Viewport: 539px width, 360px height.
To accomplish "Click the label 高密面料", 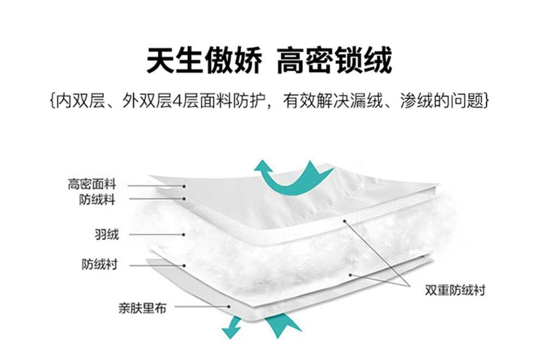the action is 92,184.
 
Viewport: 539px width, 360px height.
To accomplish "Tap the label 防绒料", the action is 97,199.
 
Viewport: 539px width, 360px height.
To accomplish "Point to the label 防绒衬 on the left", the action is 99,265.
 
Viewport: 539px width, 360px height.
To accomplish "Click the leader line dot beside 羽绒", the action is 184,235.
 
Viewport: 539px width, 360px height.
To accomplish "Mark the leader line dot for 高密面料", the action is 184,186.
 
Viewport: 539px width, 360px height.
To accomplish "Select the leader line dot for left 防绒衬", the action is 185,265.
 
